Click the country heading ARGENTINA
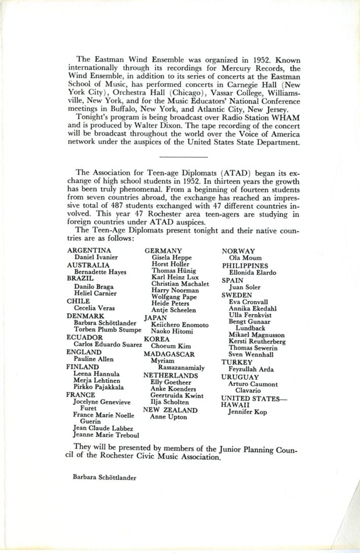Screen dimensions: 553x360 pos(89,250)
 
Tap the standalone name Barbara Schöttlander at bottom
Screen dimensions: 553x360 pos(104,477)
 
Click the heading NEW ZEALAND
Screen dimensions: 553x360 pos(170,410)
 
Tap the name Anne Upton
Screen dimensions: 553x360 pos(168,417)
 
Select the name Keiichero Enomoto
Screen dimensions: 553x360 pos(180,324)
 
